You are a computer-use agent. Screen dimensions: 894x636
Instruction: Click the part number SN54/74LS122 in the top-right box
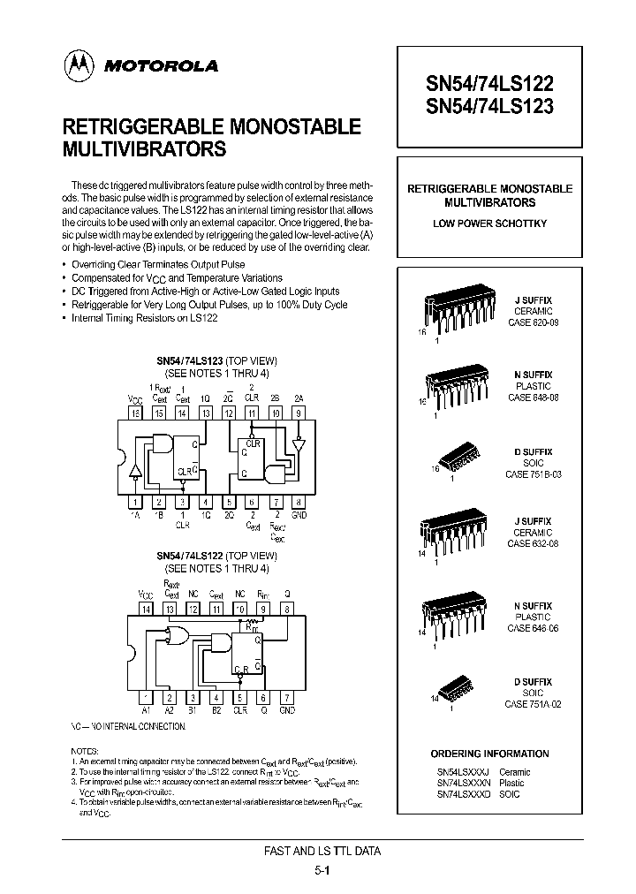[x=490, y=84]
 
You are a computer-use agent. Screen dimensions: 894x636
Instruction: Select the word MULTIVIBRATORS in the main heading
[x=145, y=149]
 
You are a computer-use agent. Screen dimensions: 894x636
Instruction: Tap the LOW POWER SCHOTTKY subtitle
[x=489, y=223]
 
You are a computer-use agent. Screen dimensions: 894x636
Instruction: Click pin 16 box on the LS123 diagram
[x=135, y=412]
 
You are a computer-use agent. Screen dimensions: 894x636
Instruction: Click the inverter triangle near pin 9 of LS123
[x=299, y=443]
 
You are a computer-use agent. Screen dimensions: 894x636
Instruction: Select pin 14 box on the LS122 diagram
[x=146, y=609]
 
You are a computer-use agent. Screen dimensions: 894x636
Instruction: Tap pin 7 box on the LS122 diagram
[x=286, y=696]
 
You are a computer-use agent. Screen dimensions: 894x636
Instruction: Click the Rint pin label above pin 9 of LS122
[x=262, y=595]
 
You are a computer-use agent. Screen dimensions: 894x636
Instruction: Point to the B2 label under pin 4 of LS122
[x=216, y=709]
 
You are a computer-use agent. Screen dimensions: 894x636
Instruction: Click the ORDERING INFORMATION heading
[x=489, y=754]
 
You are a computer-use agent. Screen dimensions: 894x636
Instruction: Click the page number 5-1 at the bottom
[x=322, y=870]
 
